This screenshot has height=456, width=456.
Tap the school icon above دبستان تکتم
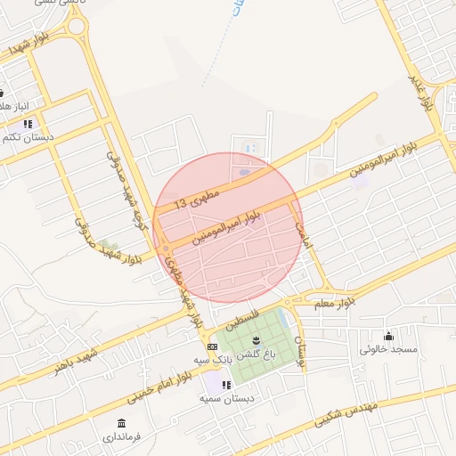(x=28, y=124)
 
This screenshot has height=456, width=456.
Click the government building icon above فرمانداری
(x=121, y=422)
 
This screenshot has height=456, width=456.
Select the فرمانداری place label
(x=121, y=437)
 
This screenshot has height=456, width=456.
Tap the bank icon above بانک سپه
(x=212, y=346)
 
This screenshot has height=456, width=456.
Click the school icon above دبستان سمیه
(x=226, y=385)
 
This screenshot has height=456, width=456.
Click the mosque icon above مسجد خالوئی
(x=388, y=336)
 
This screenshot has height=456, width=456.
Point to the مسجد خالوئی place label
(x=388, y=350)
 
